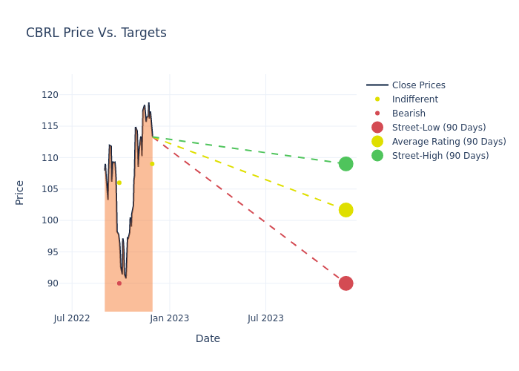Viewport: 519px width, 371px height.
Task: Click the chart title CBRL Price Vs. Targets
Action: [x=96, y=33]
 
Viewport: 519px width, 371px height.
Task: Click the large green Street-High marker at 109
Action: [x=346, y=163]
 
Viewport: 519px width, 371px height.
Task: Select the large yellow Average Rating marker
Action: [x=346, y=210]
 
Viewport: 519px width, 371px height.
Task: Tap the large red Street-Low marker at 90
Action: [x=346, y=283]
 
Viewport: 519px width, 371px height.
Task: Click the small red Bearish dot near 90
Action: [x=119, y=283]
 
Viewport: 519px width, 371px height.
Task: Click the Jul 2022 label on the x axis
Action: [x=73, y=318]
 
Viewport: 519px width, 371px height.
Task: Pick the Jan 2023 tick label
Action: [x=169, y=318]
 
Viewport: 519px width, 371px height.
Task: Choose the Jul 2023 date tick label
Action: [x=265, y=318]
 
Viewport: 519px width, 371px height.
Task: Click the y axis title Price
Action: [x=20, y=192]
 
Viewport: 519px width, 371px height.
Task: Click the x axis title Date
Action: [x=208, y=338]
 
